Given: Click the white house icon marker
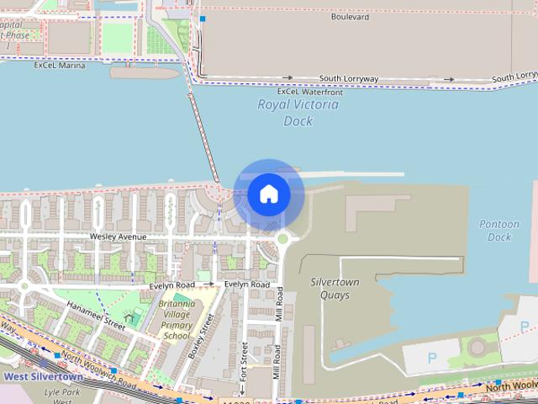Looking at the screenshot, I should [x=268, y=194].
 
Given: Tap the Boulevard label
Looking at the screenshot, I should [x=351, y=16].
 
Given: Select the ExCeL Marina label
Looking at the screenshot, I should [x=60, y=65].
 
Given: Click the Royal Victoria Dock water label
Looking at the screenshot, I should [x=298, y=113].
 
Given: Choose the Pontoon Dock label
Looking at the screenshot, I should [x=499, y=231].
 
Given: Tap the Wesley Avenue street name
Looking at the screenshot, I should [x=118, y=237].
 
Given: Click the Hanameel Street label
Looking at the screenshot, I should [x=96, y=316].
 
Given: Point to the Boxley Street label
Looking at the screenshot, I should [x=202, y=337].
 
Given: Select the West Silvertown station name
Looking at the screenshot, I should [x=43, y=377].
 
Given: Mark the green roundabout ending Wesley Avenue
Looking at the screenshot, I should [x=282, y=238].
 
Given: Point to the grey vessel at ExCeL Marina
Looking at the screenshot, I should [x=145, y=72].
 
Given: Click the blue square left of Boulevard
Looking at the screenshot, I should [x=203, y=18].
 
